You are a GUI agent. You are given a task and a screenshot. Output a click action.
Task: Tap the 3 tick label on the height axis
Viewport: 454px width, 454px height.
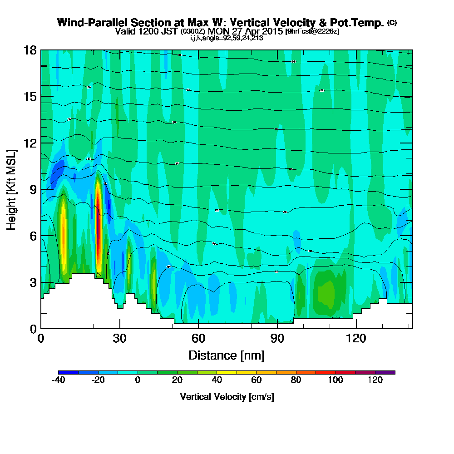pyautogui.click(x=33, y=282)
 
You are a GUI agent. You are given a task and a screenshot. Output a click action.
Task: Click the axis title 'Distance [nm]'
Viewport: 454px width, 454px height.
pyautogui.click(x=227, y=355)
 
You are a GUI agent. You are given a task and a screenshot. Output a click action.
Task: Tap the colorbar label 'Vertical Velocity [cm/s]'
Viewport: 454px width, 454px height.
pyautogui.click(x=227, y=397)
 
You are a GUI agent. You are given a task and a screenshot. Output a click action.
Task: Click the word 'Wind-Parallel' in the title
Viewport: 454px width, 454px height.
pyautogui.click(x=88, y=23)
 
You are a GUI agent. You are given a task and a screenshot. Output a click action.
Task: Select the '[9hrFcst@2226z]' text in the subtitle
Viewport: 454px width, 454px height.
pyautogui.click(x=311, y=31)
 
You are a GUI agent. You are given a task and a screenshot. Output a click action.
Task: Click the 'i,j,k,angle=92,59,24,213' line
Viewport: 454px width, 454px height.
pyautogui.click(x=227, y=38)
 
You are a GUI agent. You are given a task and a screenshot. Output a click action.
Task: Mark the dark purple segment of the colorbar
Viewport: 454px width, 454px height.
pyautogui.click(x=385, y=372)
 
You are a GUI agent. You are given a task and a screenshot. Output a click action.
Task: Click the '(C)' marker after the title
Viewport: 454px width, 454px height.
pyautogui.click(x=392, y=23)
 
